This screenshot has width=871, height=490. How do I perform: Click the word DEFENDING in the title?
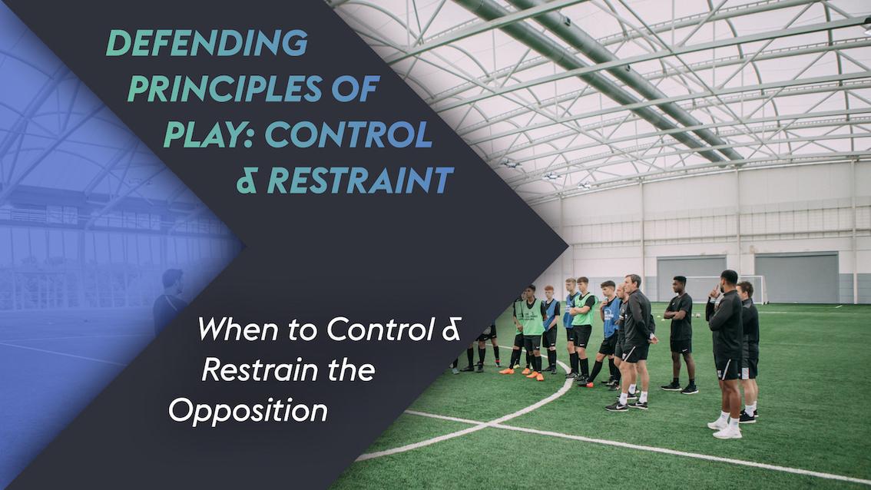click(x=206, y=45)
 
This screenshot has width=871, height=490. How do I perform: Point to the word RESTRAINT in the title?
click(x=359, y=180)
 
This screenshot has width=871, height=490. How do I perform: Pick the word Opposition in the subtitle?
click(x=247, y=411)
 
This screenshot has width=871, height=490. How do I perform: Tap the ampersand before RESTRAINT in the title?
click(x=247, y=181)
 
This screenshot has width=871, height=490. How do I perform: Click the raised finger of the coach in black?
click(x=714, y=290)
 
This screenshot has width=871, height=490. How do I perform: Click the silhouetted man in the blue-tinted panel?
click(x=171, y=303)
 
